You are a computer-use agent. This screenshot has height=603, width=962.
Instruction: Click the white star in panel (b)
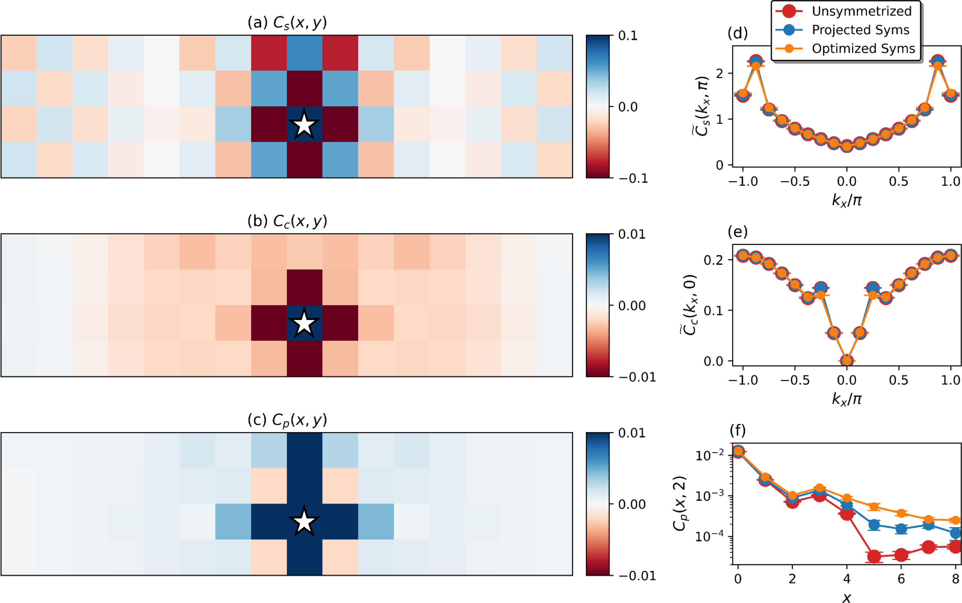(x=304, y=323)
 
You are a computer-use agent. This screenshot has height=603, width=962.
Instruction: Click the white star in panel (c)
(x=304, y=522)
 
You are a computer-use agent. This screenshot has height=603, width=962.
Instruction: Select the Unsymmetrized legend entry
(x=861, y=11)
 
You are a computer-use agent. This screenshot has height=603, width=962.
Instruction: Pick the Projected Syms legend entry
(x=860, y=30)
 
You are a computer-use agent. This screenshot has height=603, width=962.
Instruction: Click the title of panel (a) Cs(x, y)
(x=287, y=22)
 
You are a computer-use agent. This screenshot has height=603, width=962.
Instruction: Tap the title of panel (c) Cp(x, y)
(x=287, y=420)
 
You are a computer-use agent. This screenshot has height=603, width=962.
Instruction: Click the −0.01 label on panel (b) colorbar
(x=637, y=377)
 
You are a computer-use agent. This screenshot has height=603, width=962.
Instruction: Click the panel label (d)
(x=737, y=33)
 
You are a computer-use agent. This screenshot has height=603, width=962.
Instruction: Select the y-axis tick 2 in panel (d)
(x=719, y=73)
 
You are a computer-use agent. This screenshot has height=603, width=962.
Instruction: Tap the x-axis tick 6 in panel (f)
(x=901, y=579)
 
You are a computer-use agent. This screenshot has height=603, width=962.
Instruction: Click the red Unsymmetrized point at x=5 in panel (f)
(x=874, y=556)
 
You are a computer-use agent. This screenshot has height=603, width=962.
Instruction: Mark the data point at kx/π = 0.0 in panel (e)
(x=847, y=360)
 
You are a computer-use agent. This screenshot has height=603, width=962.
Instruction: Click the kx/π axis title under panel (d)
(x=846, y=199)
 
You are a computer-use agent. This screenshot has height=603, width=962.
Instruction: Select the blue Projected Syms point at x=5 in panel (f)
(x=874, y=525)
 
